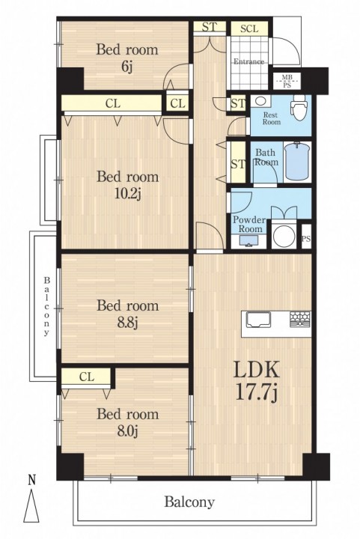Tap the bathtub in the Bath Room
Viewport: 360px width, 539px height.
[297, 161]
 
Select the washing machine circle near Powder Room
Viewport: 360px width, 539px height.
[284, 236]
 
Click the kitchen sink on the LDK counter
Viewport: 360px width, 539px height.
[259, 320]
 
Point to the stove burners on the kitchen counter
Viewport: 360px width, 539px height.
[300, 319]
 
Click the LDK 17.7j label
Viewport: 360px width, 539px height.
[256, 380]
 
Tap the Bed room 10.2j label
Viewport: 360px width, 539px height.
[127, 186]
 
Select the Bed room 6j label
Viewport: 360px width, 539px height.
[126, 58]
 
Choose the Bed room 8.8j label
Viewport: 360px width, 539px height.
[127, 314]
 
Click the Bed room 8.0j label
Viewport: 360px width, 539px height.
[127, 422]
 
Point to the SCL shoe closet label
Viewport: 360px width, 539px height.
[249, 28]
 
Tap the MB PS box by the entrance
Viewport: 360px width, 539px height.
[287, 82]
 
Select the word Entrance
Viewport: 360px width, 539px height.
[249, 62]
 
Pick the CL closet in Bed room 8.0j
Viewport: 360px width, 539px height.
[87, 377]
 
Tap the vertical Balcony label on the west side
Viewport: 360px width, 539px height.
[46, 305]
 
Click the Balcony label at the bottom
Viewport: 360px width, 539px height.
[189, 502]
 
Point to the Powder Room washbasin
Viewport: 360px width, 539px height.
[248, 240]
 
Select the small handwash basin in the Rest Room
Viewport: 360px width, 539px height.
[260, 101]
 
